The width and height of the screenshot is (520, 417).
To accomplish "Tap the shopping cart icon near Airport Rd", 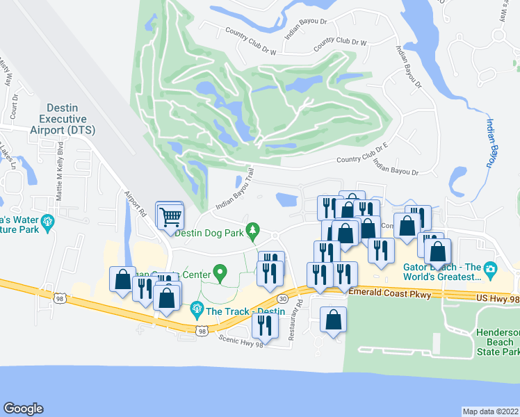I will (x=170, y=216).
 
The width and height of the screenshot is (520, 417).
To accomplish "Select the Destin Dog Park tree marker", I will (x=254, y=229).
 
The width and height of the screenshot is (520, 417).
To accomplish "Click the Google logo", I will (x=23, y=409).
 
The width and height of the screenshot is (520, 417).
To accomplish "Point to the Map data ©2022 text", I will (x=490, y=411).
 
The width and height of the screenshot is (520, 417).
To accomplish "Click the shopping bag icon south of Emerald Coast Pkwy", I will (x=334, y=320).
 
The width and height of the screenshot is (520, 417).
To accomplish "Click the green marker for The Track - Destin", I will (x=197, y=306).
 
